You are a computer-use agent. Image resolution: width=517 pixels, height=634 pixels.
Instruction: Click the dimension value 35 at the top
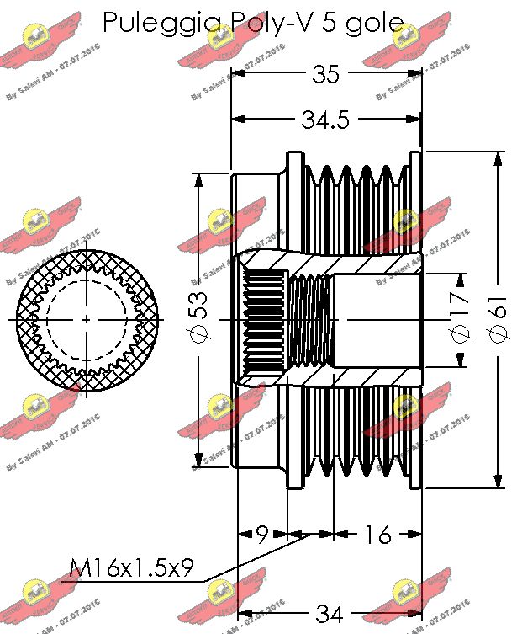325,75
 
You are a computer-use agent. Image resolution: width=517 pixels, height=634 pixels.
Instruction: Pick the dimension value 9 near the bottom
261,534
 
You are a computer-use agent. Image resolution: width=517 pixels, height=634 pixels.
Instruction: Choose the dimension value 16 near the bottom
378,534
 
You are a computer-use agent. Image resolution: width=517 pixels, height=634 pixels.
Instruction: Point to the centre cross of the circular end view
88,320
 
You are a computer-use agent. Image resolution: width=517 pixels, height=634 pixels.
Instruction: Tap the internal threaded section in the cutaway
311,320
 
